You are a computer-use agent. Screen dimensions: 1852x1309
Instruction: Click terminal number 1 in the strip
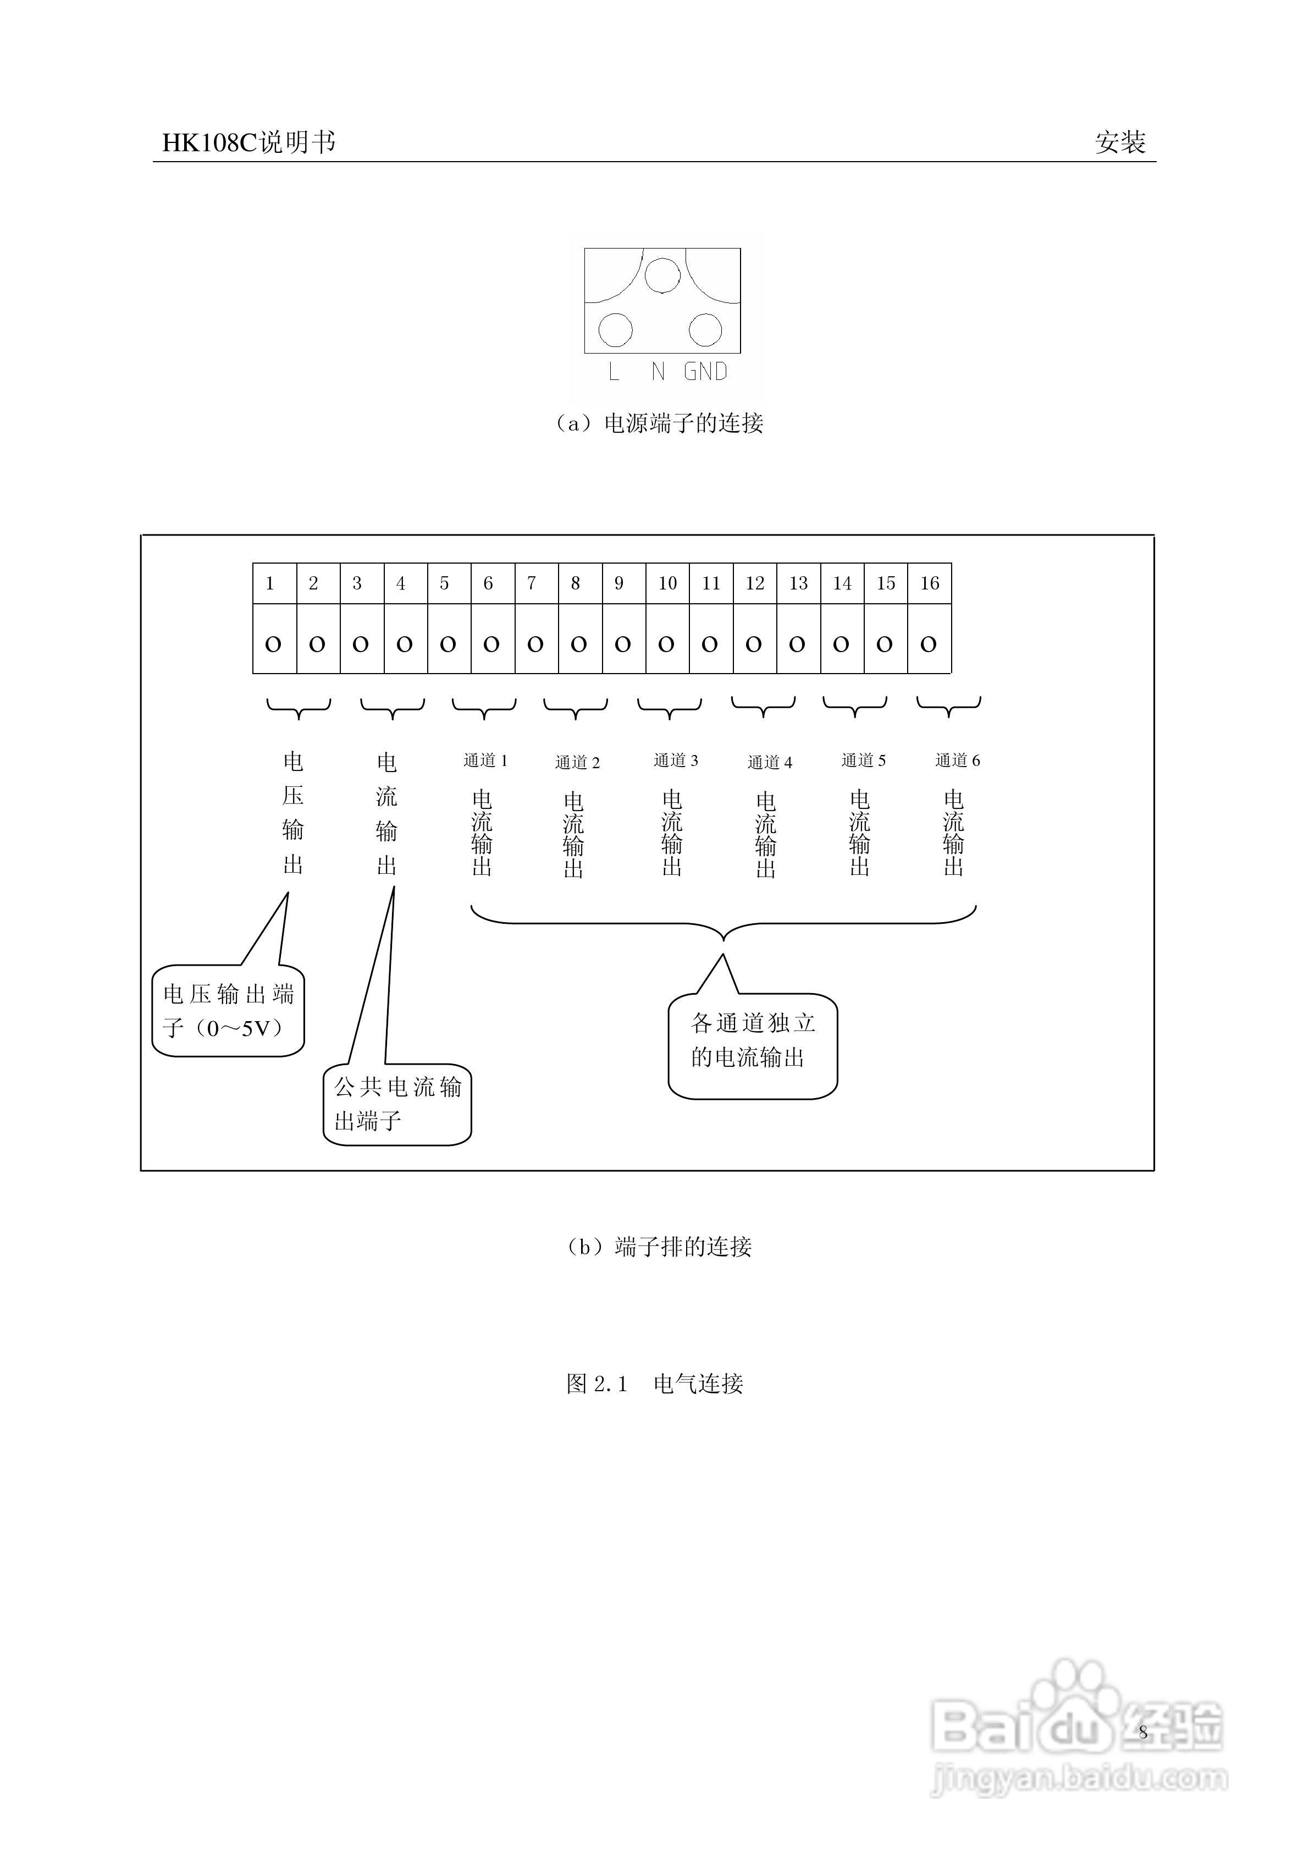pos(270,583)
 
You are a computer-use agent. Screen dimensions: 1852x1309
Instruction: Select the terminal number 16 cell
pos(929,583)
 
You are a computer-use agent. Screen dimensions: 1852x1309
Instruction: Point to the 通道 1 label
pos(485,760)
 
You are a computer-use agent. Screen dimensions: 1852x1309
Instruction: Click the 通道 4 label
pos(770,762)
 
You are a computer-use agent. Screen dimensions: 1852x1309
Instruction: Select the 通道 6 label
pos(957,760)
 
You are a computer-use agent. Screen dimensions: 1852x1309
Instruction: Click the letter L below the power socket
pos(614,372)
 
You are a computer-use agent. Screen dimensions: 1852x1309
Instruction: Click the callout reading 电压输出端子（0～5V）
pos(228,1010)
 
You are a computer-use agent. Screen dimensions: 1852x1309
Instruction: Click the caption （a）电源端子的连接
pos(658,423)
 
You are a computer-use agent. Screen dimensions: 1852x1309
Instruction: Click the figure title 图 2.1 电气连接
pos(654,1384)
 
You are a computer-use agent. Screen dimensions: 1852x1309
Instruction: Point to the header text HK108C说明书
pos(248,143)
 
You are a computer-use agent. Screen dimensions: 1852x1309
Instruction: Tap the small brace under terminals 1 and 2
pos(299,708)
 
